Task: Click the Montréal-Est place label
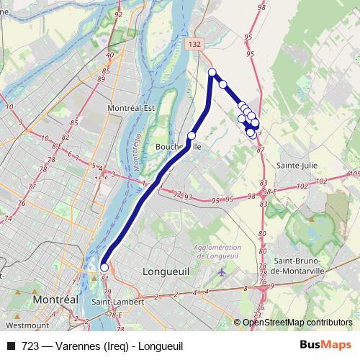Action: [x=131, y=108]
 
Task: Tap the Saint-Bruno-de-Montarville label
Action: [x=298, y=266]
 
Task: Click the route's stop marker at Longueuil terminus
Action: [x=104, y=267]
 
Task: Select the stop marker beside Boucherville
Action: [x=192, y=135]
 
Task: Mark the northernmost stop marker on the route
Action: [x=212, y=71]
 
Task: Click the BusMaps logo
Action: [x=325, y=345]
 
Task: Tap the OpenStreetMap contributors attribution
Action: [x=297, y=322]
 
